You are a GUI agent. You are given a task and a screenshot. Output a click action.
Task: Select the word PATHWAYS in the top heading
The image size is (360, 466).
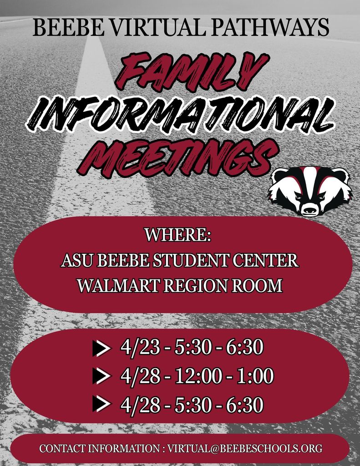tap(269, 28)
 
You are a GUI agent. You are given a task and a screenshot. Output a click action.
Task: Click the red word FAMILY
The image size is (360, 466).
tap(191, 71)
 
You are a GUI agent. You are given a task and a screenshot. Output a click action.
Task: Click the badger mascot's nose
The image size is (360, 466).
tap(309, 210)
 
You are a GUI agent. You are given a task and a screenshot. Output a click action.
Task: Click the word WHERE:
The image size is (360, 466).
tap(178, 235)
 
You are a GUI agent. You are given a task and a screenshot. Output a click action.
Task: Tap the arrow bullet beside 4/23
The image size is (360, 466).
tap(101, 349)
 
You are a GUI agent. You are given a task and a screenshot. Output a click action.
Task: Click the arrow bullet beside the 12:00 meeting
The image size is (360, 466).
tap(101, 376)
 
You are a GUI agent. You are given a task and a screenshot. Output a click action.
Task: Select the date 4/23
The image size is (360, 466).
tap(140, 348)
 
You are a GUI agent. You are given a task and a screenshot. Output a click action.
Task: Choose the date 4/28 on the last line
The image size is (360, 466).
tap(140, 404)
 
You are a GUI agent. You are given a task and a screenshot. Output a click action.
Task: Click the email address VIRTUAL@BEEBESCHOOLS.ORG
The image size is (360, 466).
tap(245, 448)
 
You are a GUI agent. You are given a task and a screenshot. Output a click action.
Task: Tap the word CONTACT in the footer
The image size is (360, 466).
tap(62, 448)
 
